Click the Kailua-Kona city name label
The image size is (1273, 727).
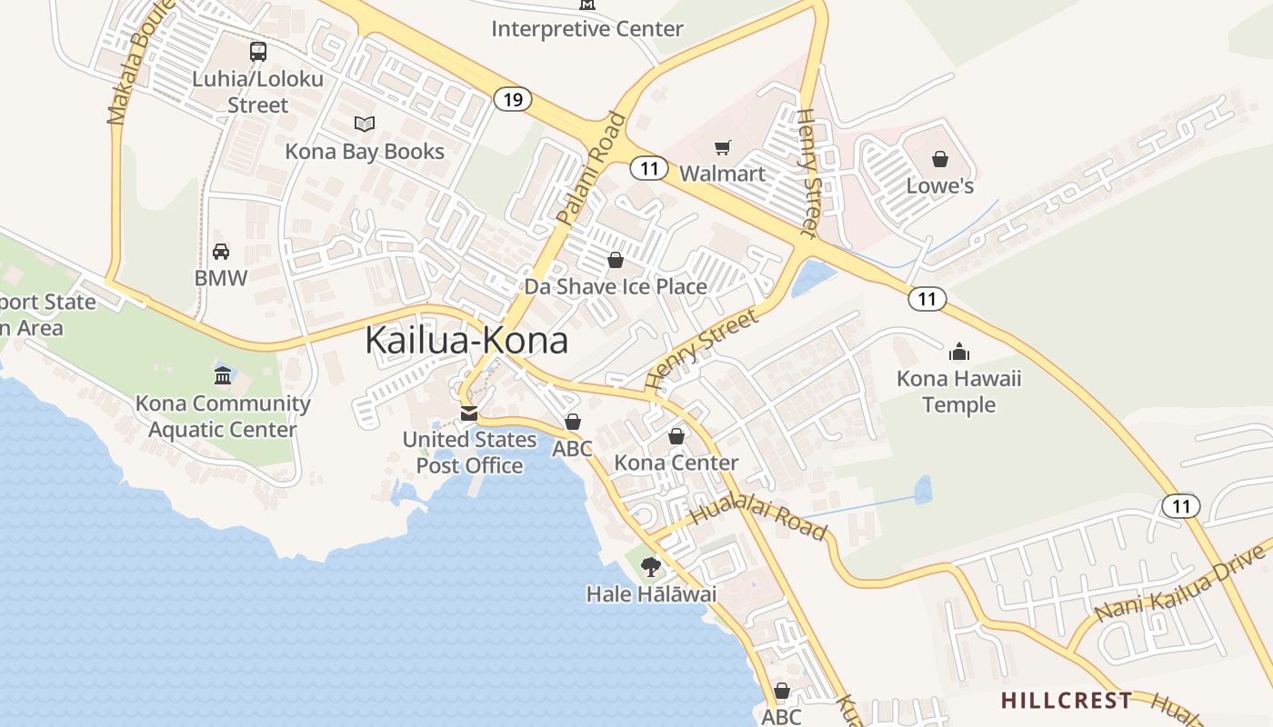point(466,340)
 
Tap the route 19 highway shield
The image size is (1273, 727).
point(513,99)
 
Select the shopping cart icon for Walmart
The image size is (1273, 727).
point(723,147)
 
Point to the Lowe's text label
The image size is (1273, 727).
point(940,186)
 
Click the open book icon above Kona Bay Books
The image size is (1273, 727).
point(365,124)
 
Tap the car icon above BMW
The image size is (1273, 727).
point(221,251)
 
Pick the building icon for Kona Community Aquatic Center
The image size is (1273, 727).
point(223,375)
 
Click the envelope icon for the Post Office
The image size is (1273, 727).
point(469,413)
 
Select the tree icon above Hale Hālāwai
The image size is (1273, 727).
point(651,567)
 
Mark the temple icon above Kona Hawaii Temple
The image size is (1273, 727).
point(959,351)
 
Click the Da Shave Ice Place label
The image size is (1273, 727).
point(616,287)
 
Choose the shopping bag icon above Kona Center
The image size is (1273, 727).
point(677,436)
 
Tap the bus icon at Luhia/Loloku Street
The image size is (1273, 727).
point(258,52)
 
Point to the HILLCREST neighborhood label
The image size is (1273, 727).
point(1067,701)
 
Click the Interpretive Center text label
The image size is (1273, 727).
point(586,29)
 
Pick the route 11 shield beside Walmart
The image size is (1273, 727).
point(648,168)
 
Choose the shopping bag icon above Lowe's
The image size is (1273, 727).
point(940,159)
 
